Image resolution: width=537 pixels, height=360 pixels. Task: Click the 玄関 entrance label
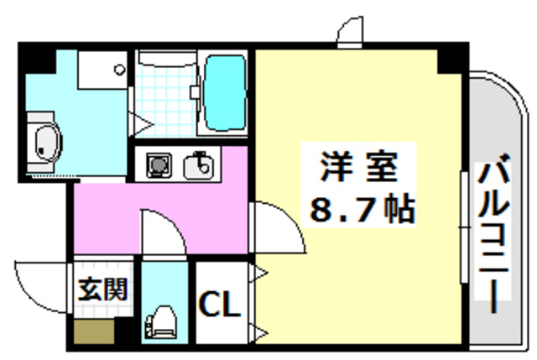coord(103,290)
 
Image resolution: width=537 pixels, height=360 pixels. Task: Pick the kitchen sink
coord(200,164)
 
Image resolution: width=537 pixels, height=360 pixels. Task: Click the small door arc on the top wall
coord(351,31)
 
